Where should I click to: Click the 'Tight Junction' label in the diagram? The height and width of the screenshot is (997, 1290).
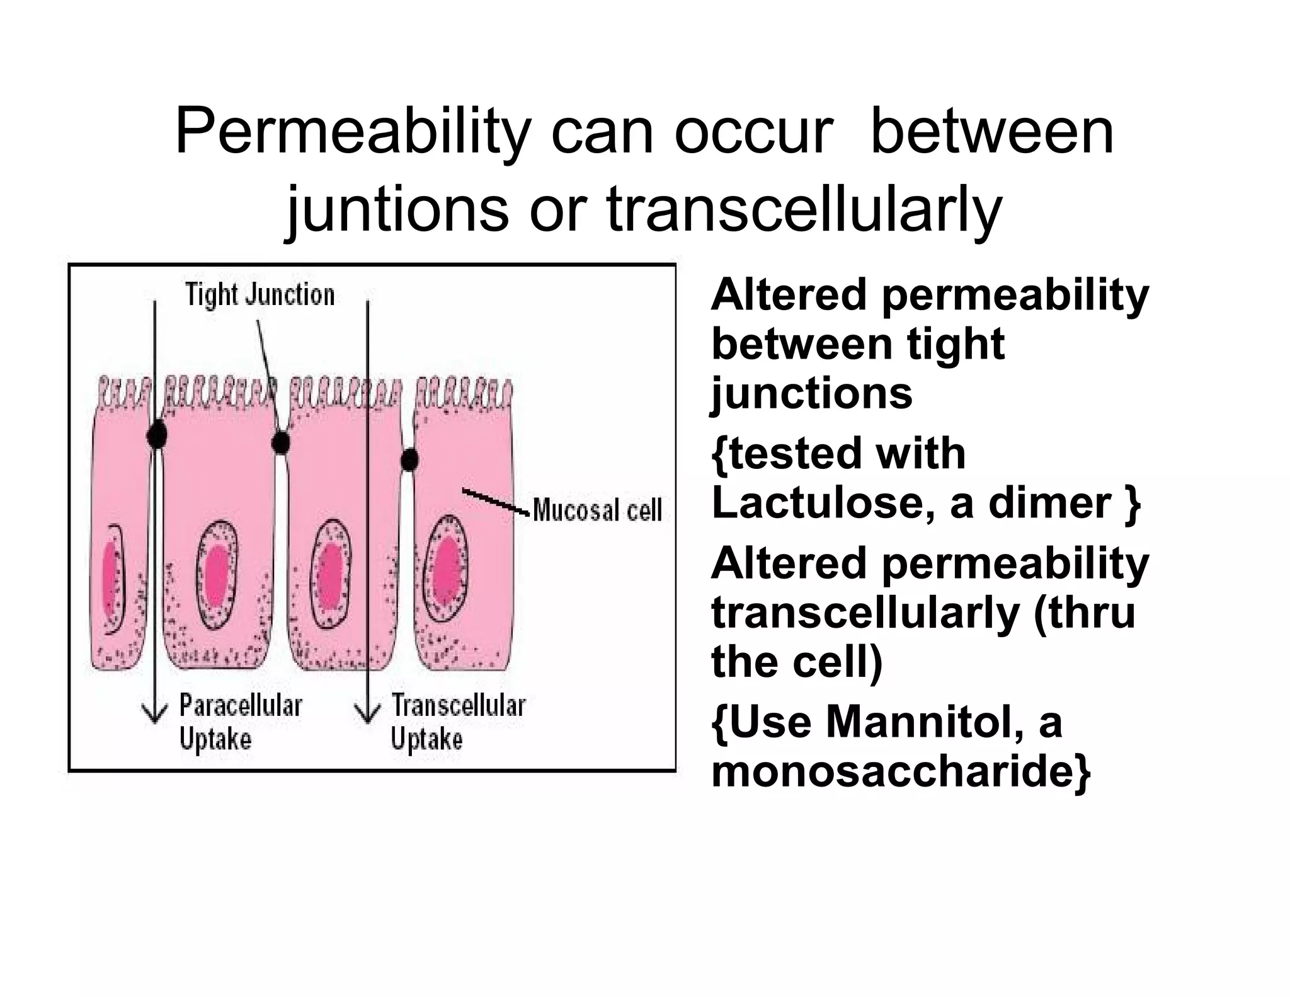pos(260,295)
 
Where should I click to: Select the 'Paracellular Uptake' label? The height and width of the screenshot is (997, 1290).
pos(241,722)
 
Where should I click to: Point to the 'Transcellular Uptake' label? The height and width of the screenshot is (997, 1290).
pos(458,722)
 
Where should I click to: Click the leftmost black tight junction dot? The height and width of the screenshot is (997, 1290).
pos(157,434)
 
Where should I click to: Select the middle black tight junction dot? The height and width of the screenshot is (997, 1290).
pos(281,442)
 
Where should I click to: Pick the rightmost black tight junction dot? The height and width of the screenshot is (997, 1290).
pos(409,460)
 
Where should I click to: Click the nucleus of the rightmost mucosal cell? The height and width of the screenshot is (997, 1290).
pos(447,572)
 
